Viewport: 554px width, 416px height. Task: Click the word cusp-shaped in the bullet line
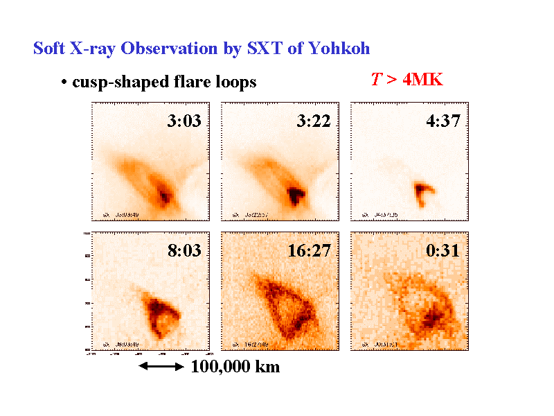click(x=112, y=83)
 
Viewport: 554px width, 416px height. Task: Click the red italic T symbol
click(x=375, y=80)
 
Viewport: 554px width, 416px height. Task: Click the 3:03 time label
click(x=184, y=121)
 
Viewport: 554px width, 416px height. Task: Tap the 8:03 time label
click(x=184, y=250)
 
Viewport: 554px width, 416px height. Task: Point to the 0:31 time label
click(x=443, y=250)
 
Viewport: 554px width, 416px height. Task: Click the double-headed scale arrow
click(x=161, y=367)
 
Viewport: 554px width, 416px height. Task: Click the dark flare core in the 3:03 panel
click(x=164, y=195)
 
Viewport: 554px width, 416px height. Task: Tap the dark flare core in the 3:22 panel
click(x=296, y=195)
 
